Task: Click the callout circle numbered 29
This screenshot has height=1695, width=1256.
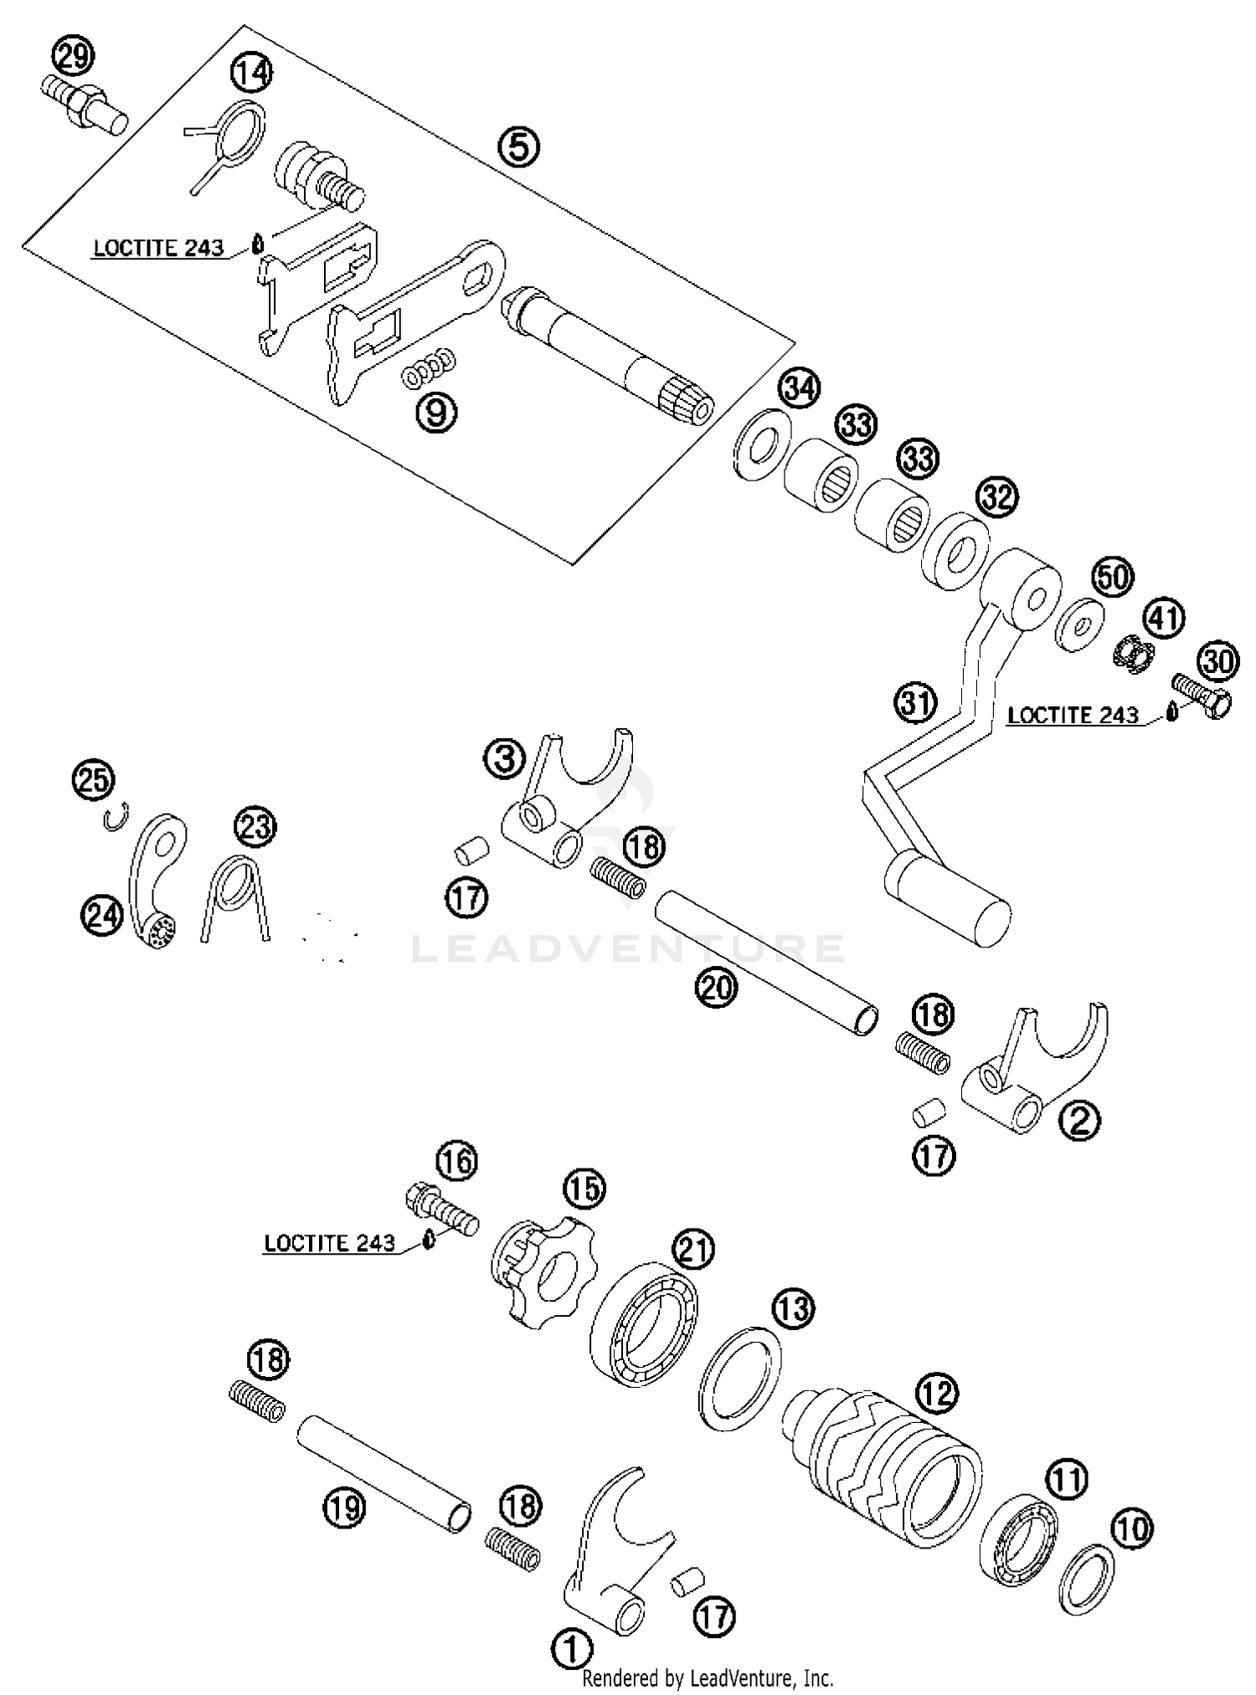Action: (74, 58)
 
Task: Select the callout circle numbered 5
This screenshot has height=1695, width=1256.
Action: (519, 147)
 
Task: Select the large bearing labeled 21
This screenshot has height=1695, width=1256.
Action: (645, 1327)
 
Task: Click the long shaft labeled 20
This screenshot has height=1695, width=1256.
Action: (766, 963)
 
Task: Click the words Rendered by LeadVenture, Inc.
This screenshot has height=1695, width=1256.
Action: (708, 1677)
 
